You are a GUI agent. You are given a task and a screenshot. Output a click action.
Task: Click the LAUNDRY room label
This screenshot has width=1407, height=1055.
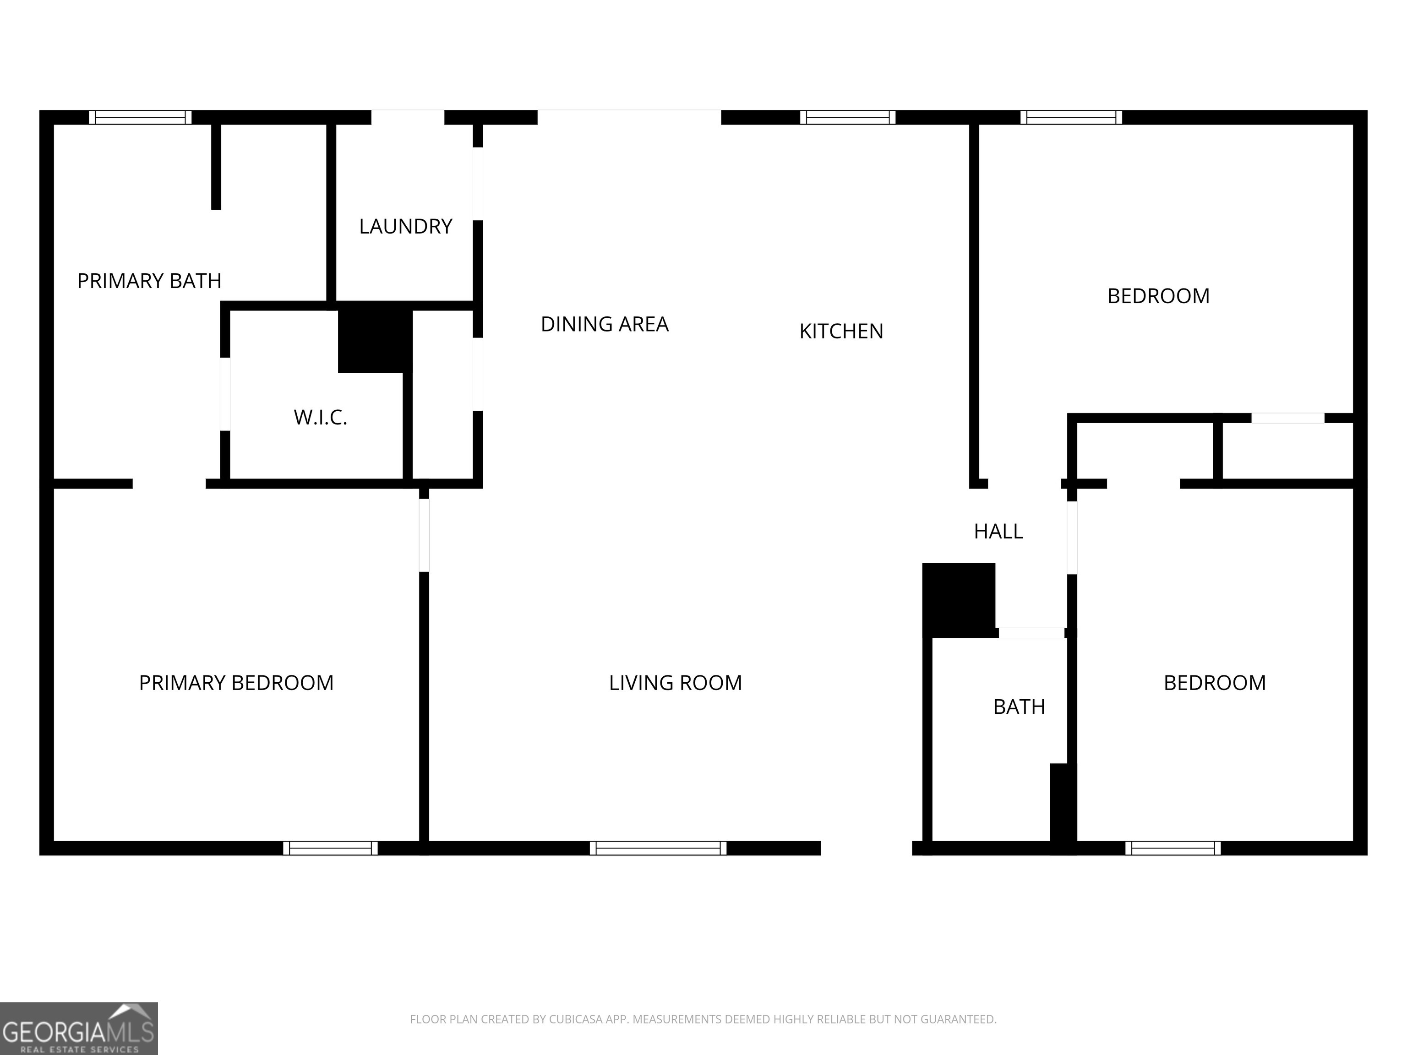tap(405, 226)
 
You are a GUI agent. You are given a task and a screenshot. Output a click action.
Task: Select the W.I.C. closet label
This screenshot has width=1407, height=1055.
tap(320, 418)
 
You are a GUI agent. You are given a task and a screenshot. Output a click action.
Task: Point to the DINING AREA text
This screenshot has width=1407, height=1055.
tap(604, 324)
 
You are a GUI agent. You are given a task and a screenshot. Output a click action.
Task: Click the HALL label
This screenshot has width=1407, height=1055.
tap(998, 532)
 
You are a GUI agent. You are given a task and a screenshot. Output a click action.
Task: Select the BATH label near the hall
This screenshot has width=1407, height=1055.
tap(1019, 707)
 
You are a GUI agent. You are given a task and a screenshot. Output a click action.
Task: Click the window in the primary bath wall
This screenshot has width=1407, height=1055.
tap(140, 117)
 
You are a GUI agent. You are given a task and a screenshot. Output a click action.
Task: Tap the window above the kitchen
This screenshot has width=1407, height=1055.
tap(847, 117)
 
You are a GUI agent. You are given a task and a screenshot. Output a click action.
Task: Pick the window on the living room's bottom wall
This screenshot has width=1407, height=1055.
tap(658, 848)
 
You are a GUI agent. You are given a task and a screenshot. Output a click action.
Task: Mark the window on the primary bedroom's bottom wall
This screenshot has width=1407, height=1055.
tap(330, 848)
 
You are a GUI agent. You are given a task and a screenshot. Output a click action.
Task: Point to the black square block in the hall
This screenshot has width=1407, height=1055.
tap(959, 599)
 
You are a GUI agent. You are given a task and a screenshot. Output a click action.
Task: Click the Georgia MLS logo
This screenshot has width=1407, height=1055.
tap(78, 1028)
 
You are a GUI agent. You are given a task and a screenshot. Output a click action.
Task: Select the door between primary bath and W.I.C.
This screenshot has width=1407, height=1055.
tap(224, 394)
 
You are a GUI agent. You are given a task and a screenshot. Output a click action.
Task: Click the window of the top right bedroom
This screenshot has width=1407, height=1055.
tap(1071, 117)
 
